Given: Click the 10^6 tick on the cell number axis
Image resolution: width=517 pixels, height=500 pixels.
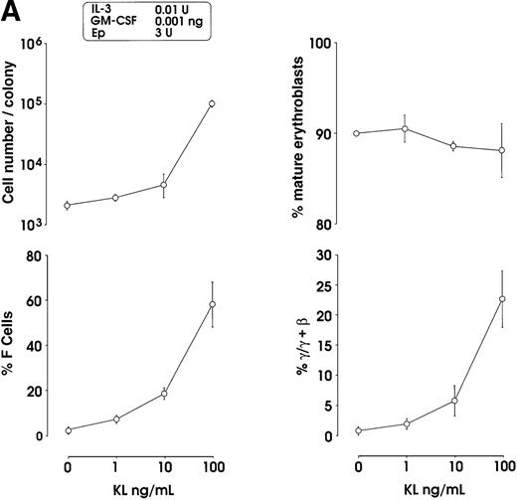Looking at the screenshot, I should tap(37, 44).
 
